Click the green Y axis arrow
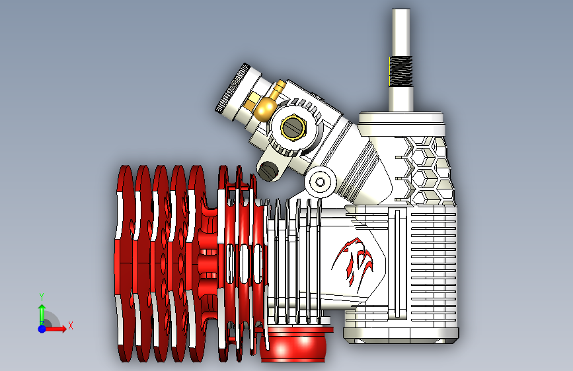(x=42, y=314)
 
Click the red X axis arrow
(x=56, y=329)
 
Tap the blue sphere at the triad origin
(x=42, y=329)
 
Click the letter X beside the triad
(x=71, y=325)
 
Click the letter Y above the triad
(x=42, y=297)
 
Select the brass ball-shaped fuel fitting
(x=266, y=107)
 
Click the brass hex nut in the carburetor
(x=293, y=127)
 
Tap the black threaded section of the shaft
(x=401, y=71)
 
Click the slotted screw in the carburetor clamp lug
(x=268, y=170)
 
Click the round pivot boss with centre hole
(x=320, y=182)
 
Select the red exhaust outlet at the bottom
(x=296, y=344)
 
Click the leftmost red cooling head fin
(x=125, y=263)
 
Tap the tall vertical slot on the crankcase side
(x=398, y=263)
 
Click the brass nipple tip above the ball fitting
(x=280, y=87)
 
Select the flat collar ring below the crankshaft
(x=401, y=118)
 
